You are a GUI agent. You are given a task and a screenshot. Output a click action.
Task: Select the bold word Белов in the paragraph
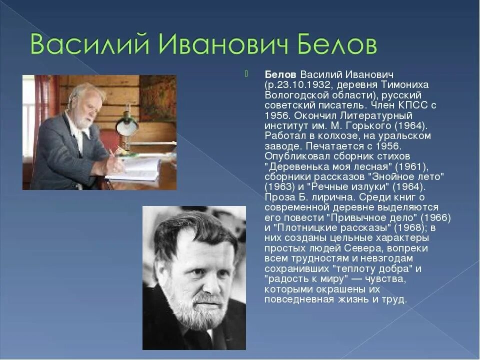(281, 73)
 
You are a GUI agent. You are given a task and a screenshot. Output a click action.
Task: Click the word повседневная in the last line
(299, 300)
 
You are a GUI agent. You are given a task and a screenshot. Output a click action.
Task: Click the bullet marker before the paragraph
(246, 74)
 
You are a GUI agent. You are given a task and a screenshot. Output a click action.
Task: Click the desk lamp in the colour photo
(127, 125)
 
